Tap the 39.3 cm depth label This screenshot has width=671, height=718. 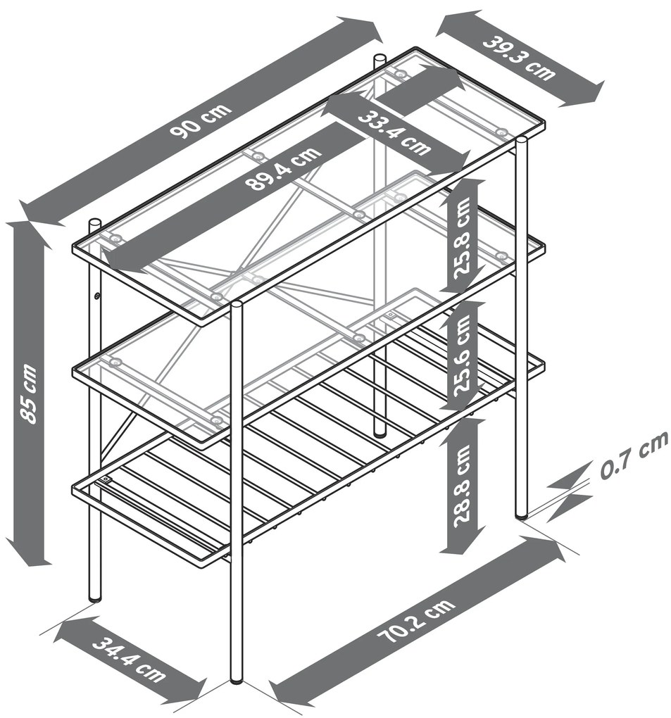(520, 58)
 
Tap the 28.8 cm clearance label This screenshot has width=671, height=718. (463, 486)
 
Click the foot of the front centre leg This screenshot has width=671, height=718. (237, 681)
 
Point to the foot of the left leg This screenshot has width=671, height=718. (94, 597)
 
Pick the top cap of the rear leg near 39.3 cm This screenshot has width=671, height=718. (380, 58)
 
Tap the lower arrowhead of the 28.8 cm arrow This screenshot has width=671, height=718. (462, 542)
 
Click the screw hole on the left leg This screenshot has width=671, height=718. (97, 296)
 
